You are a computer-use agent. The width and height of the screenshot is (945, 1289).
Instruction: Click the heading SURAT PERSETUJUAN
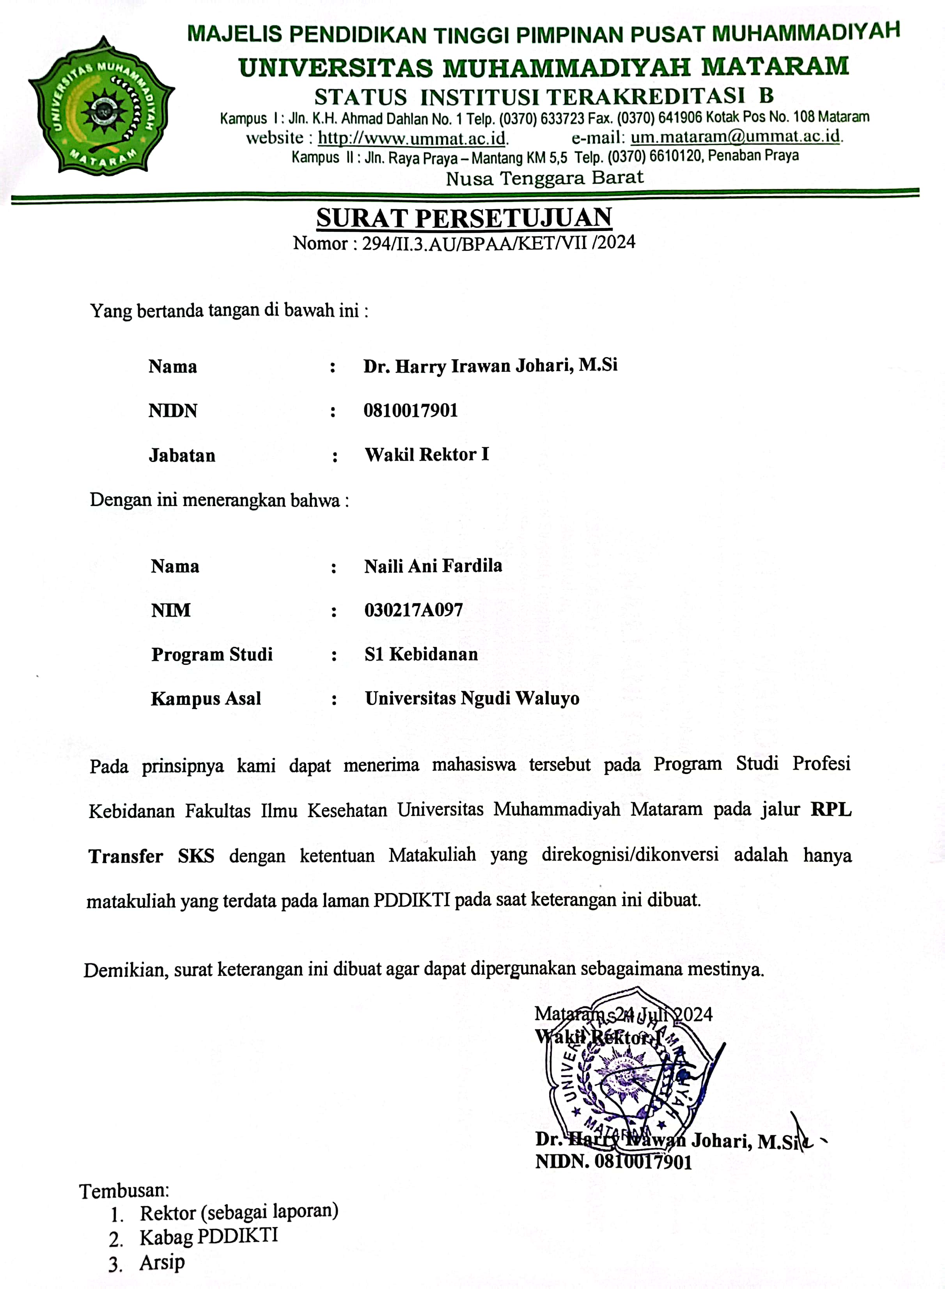pyautogui.click(x=464, y=218)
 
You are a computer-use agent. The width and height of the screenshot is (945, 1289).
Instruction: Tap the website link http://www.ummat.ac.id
pyautogui.click(x=412, y=138)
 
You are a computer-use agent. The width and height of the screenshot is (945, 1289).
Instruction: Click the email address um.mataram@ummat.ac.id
pyautogui.click(x=736, y=137)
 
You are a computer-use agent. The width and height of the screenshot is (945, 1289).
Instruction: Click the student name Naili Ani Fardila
pyautogui.click(x=433, y=566)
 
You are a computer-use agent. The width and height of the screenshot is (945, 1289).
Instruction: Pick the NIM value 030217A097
pyautogui.click(x=413, y=610)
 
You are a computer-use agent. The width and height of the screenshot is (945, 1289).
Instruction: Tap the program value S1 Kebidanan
pyautogui.click(x=421, y=654)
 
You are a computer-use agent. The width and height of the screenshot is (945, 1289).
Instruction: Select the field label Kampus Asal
pyautogui.click(x=206, y=699)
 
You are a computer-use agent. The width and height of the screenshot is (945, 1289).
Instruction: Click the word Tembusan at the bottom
pyautogui.click(x=124, y=1191)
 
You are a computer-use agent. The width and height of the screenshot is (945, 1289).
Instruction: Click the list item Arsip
pyautogui.click(x=162, y=1262)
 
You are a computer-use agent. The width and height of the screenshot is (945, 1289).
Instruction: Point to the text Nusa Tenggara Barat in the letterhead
pyautogui.click(x=544, y=178)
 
